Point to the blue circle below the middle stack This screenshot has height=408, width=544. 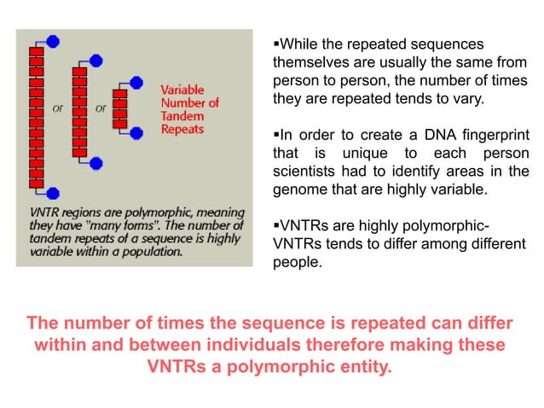point(96,162)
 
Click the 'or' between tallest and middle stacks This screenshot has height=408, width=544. point(58,108)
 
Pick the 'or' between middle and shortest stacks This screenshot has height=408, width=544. point(101,108)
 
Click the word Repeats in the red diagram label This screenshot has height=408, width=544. point(182,129)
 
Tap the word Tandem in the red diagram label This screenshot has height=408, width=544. point(182,116)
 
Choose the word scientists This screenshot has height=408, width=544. point(304,172)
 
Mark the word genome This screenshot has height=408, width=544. point(299,189)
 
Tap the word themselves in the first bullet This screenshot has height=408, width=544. point(309,63)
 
